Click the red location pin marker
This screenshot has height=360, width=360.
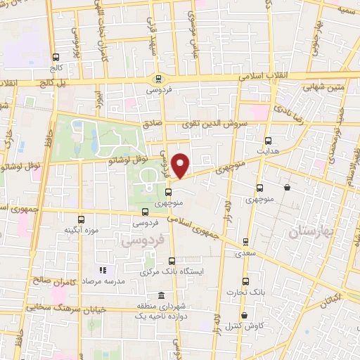pos(181,165)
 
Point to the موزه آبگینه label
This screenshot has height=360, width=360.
pos(80,230)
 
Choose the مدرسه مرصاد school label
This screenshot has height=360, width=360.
pos(104,280)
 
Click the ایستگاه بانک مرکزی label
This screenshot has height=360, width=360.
pos(173,270)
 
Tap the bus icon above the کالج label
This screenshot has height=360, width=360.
pos(56,58)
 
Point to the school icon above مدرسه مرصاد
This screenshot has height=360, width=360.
pos(103,269)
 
